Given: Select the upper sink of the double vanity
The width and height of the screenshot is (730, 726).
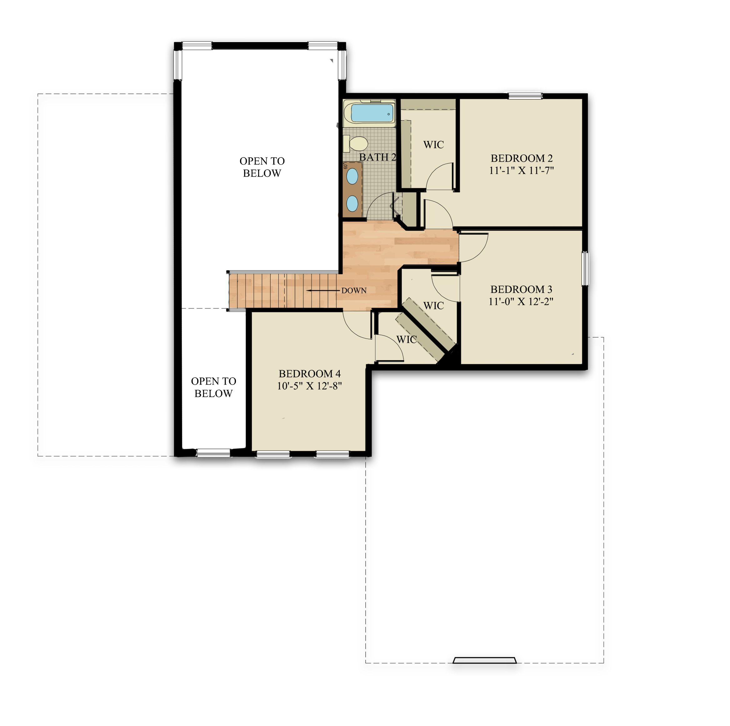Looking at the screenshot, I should point(352,176).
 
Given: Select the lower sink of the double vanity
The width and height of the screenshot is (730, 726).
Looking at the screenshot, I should point(352,204).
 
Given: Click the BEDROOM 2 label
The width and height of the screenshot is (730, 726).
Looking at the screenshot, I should point(522,158).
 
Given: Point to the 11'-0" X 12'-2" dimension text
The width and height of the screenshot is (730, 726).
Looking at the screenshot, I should point(521,301).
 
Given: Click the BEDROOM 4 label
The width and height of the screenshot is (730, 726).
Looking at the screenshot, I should point(309,374).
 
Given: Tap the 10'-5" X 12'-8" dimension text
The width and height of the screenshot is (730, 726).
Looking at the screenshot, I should point(309,386).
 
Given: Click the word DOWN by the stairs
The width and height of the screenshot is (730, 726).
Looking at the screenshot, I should point(354,291).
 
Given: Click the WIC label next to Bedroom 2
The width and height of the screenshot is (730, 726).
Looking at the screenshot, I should point(433,145).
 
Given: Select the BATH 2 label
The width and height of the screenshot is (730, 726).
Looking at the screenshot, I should point(377,157).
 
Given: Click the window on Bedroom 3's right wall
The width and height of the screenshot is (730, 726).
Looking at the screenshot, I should point(585,269).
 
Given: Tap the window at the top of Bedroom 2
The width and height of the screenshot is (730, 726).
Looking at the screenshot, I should point(525,96).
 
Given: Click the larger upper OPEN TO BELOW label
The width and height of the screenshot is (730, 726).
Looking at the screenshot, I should point(262,167).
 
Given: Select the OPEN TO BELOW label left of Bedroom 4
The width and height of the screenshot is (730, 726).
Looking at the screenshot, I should point(213,387).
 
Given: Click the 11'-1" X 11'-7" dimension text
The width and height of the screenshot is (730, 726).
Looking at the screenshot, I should point(522,170).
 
